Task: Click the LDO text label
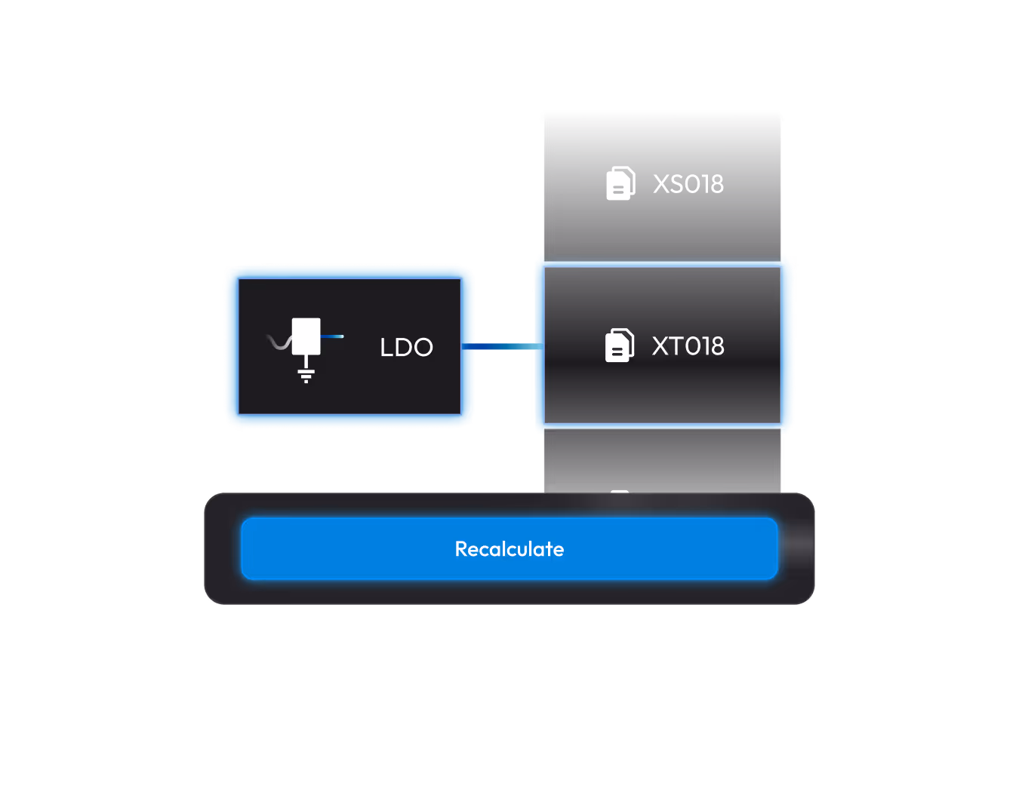[406, 347]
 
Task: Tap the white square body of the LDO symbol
[306, 336]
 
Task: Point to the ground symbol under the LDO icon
[306, 375]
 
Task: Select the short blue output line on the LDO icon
[332, 336]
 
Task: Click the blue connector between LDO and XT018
[502, 346]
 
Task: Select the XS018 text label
[688, 184]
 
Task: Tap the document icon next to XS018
[620, 183]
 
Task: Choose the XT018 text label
[688, 346]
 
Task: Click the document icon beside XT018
[620, 345]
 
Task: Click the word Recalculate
[509, 549]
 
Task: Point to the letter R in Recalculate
[461, 549]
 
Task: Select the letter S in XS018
[676, 184]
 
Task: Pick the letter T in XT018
[676, 346]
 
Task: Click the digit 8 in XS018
[716, 184]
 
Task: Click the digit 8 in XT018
[716, 346]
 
